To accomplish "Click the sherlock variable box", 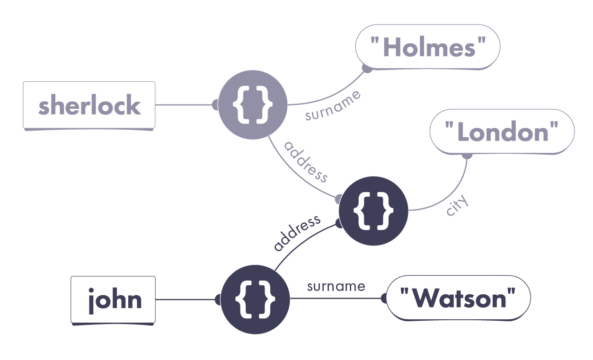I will (89, 105).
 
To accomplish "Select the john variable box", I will (113, 299).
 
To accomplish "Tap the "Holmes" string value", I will (428, 47).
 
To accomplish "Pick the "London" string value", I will (502, 132).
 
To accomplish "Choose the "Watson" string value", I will (458, 299).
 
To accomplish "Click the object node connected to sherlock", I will (252, 105).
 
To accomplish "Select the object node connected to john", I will (255, 299).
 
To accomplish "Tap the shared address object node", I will (373, 211).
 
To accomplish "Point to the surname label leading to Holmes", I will (333, 105).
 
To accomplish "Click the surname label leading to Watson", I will (336, 286).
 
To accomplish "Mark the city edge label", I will (457, 205).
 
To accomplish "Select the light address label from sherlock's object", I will (305, 162).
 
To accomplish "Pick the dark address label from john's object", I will (297, 233).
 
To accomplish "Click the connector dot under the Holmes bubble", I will (366, 69).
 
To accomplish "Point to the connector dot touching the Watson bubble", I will (384, 299).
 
